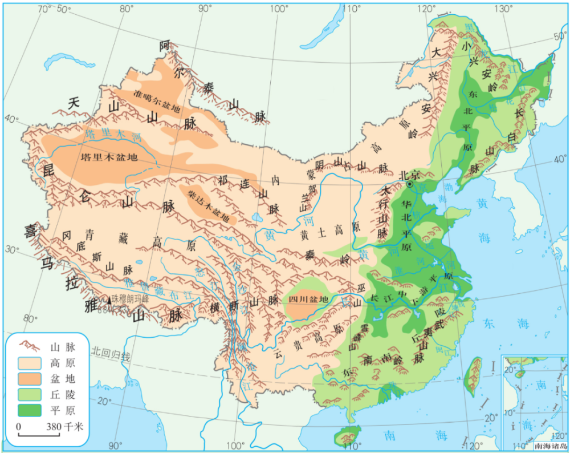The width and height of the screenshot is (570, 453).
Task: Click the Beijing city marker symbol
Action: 409,185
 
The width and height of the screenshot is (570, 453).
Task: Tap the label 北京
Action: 410,175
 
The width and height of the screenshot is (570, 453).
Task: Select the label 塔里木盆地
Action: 110,158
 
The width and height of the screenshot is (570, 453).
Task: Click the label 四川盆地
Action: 308,300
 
